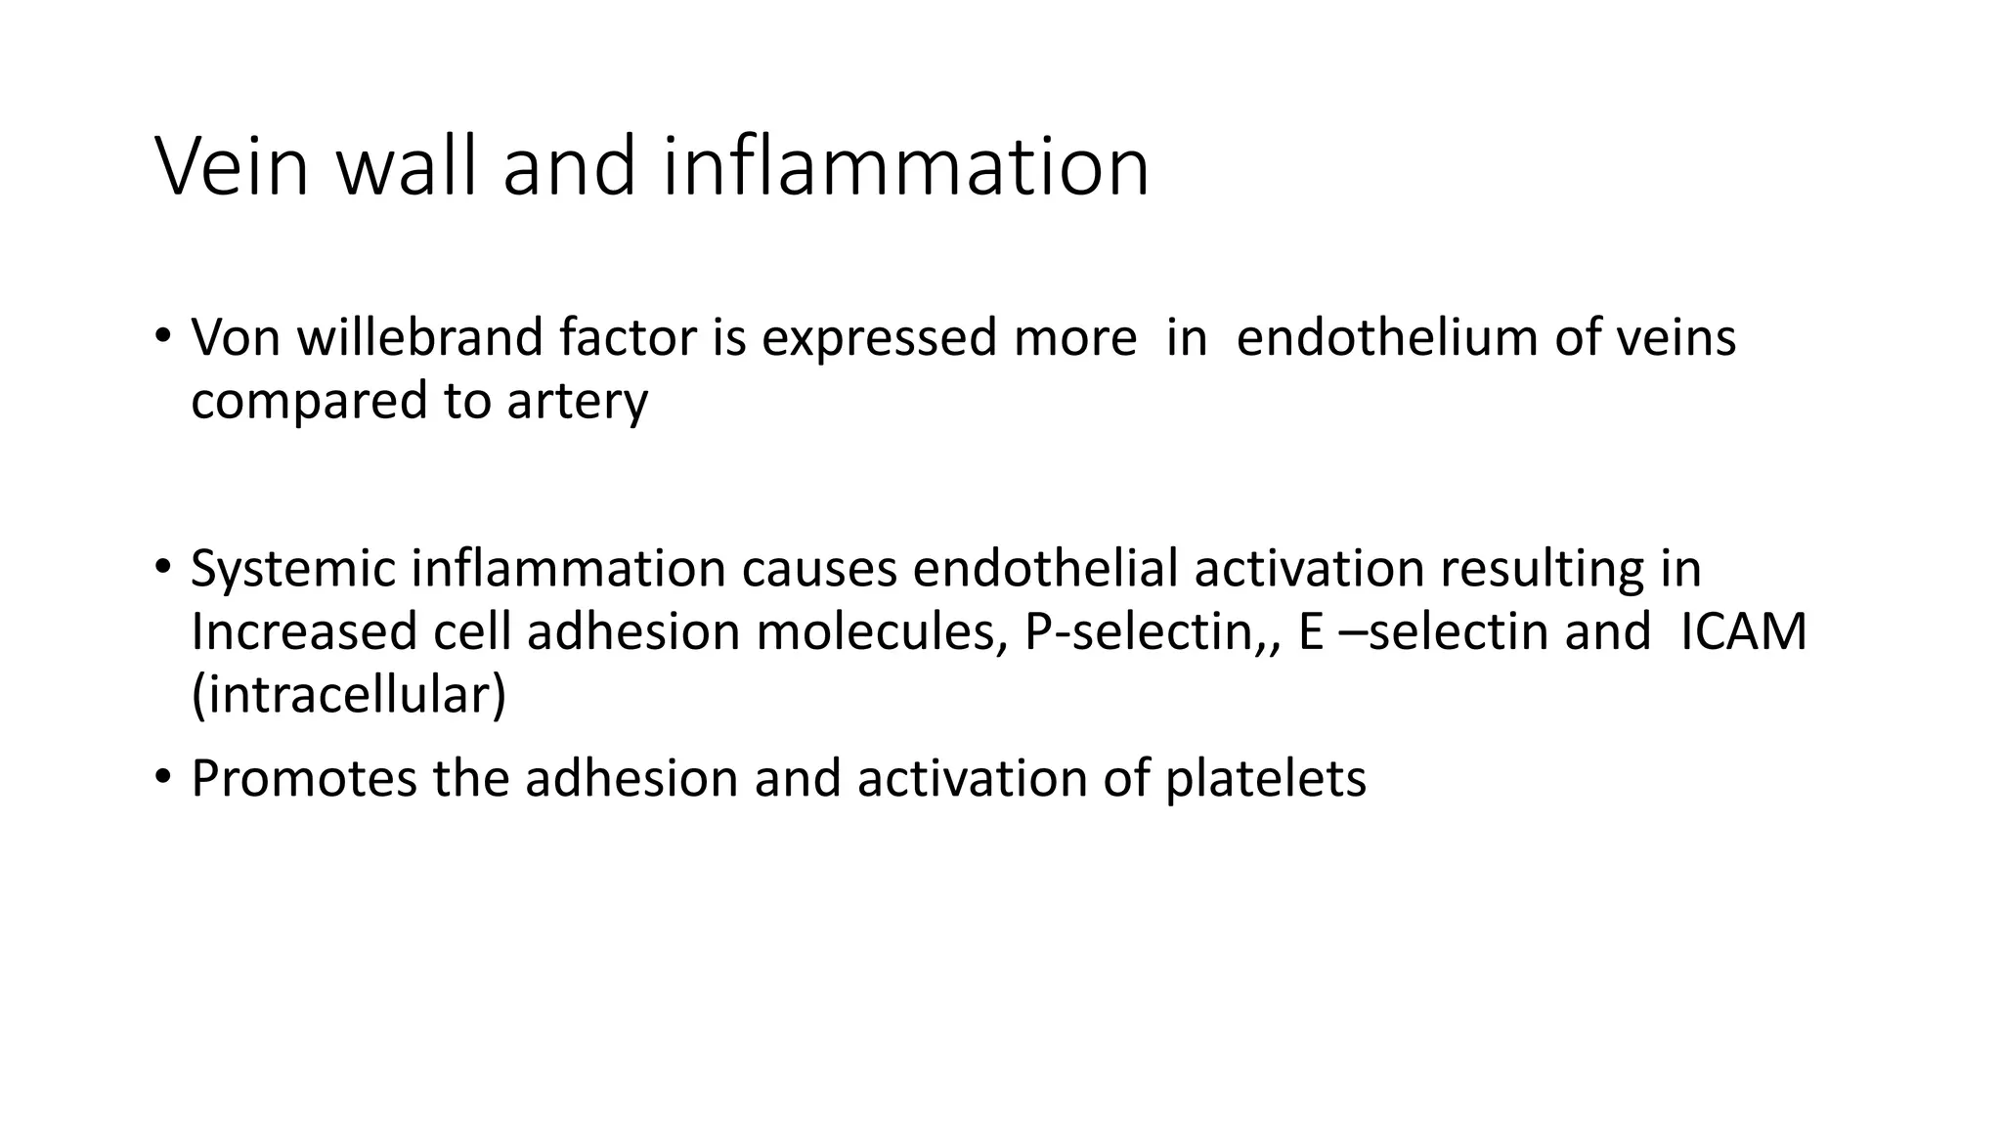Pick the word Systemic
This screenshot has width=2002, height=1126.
(x=292, y=569)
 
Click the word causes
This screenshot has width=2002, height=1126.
(x=818, y=569)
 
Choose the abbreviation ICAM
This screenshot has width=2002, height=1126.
(x=1743, y=631)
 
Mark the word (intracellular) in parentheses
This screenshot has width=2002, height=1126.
(x=348, y=696)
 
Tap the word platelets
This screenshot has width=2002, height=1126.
(x=1265, y=779)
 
